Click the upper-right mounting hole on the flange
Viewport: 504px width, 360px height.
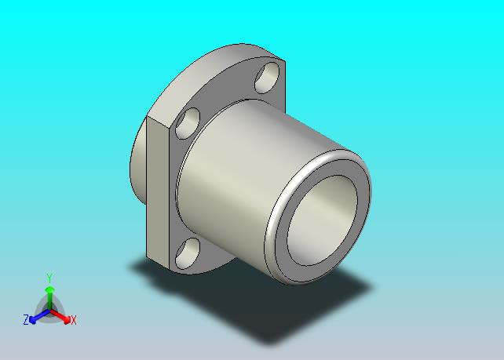tap(267, 78)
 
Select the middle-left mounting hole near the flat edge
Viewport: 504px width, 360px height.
tap(188, 123)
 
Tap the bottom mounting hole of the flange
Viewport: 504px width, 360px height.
tap(188, 253)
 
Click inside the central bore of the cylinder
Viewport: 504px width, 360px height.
tap(322, 220)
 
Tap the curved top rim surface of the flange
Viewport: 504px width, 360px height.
tap(206, 77)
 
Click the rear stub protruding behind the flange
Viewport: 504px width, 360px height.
tap(138, 170)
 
